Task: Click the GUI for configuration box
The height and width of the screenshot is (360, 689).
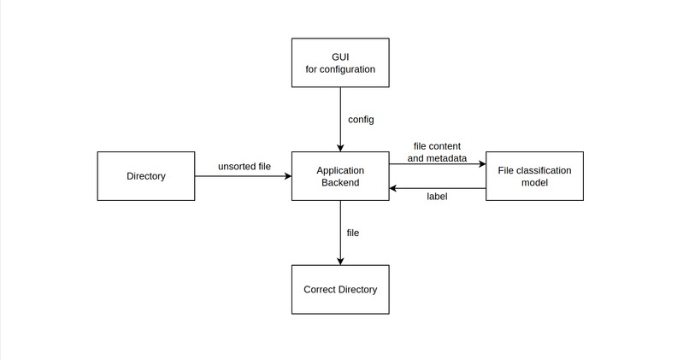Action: coord(340,62)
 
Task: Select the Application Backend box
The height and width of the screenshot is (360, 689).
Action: coord(340,176)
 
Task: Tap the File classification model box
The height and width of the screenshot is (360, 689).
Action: coord(534,176)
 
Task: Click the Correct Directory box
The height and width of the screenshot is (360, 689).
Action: coord(340,289)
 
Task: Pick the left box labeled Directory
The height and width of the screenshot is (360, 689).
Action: coord(146,176)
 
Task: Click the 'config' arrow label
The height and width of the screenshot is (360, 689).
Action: coord(361,119)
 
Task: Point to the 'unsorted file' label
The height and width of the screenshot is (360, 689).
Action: coord(244,166)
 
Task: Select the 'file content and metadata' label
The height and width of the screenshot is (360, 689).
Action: coord(437,152)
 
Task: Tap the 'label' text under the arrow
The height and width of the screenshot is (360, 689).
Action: coord(437,197)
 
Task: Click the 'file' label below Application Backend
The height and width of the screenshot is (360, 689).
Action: coord(353,233)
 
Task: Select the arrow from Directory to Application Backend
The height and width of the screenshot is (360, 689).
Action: coord(244,176)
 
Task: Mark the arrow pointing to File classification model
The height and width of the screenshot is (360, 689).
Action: coord(437,163)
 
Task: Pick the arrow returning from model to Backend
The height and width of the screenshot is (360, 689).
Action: coord(437,187)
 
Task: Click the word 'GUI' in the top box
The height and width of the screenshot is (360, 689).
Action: coord(340,56)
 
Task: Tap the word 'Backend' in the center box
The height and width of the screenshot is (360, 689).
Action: coord(340,182)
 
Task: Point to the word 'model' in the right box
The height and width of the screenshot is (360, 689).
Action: coord(534,182)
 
